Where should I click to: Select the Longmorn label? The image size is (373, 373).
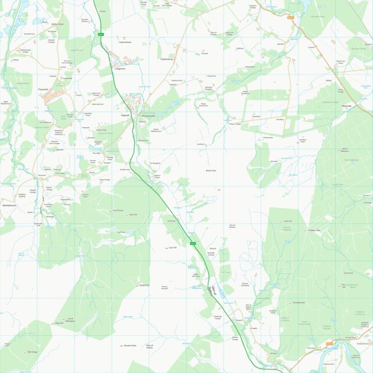point(120,69)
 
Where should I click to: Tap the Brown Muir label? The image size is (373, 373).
point(211,170)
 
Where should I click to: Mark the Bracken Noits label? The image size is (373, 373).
point(130,345)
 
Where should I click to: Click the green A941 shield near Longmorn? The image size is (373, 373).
point(100,35)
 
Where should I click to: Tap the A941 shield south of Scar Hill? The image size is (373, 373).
point(192,243)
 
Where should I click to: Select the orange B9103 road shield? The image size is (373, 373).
point(290,18)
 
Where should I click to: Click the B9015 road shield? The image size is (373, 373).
point(329,344)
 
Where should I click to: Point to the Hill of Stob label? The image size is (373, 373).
point(344,150)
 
